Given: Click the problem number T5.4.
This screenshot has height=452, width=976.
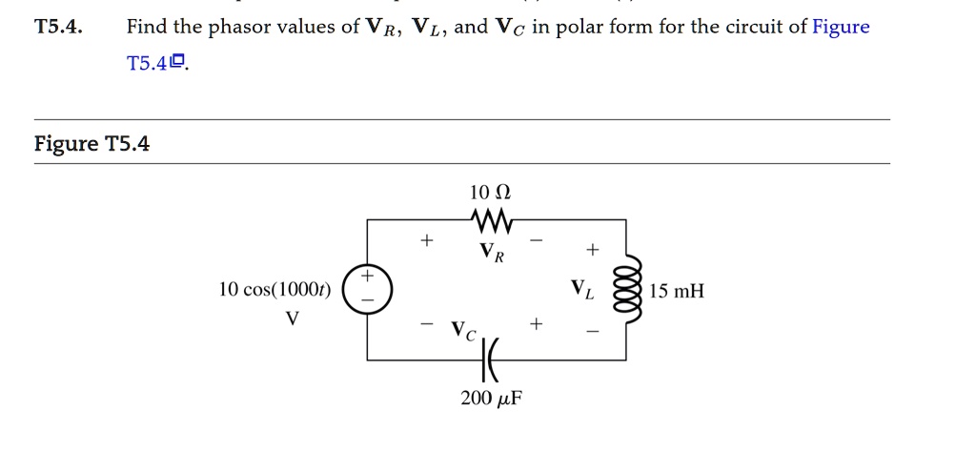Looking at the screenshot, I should (x=58, y=27).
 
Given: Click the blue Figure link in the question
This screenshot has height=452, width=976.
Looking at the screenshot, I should (x=841, y=27).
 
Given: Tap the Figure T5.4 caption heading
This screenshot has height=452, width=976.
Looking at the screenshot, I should (x=91, y=144).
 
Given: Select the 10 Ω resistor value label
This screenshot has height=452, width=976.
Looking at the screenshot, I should (x=491, y=194).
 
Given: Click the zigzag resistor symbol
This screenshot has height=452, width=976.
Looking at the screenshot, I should (x=492, y=221).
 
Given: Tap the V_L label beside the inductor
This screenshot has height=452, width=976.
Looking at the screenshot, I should (x=581, y=289).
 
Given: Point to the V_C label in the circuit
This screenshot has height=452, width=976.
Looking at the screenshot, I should (x=463, y=331).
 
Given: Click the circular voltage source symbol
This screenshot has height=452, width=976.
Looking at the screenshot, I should (x=366, y=289).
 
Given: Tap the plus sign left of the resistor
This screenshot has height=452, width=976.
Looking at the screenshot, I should (x=426, y=241).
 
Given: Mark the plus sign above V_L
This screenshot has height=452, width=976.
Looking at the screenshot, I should (x=593, y=250).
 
